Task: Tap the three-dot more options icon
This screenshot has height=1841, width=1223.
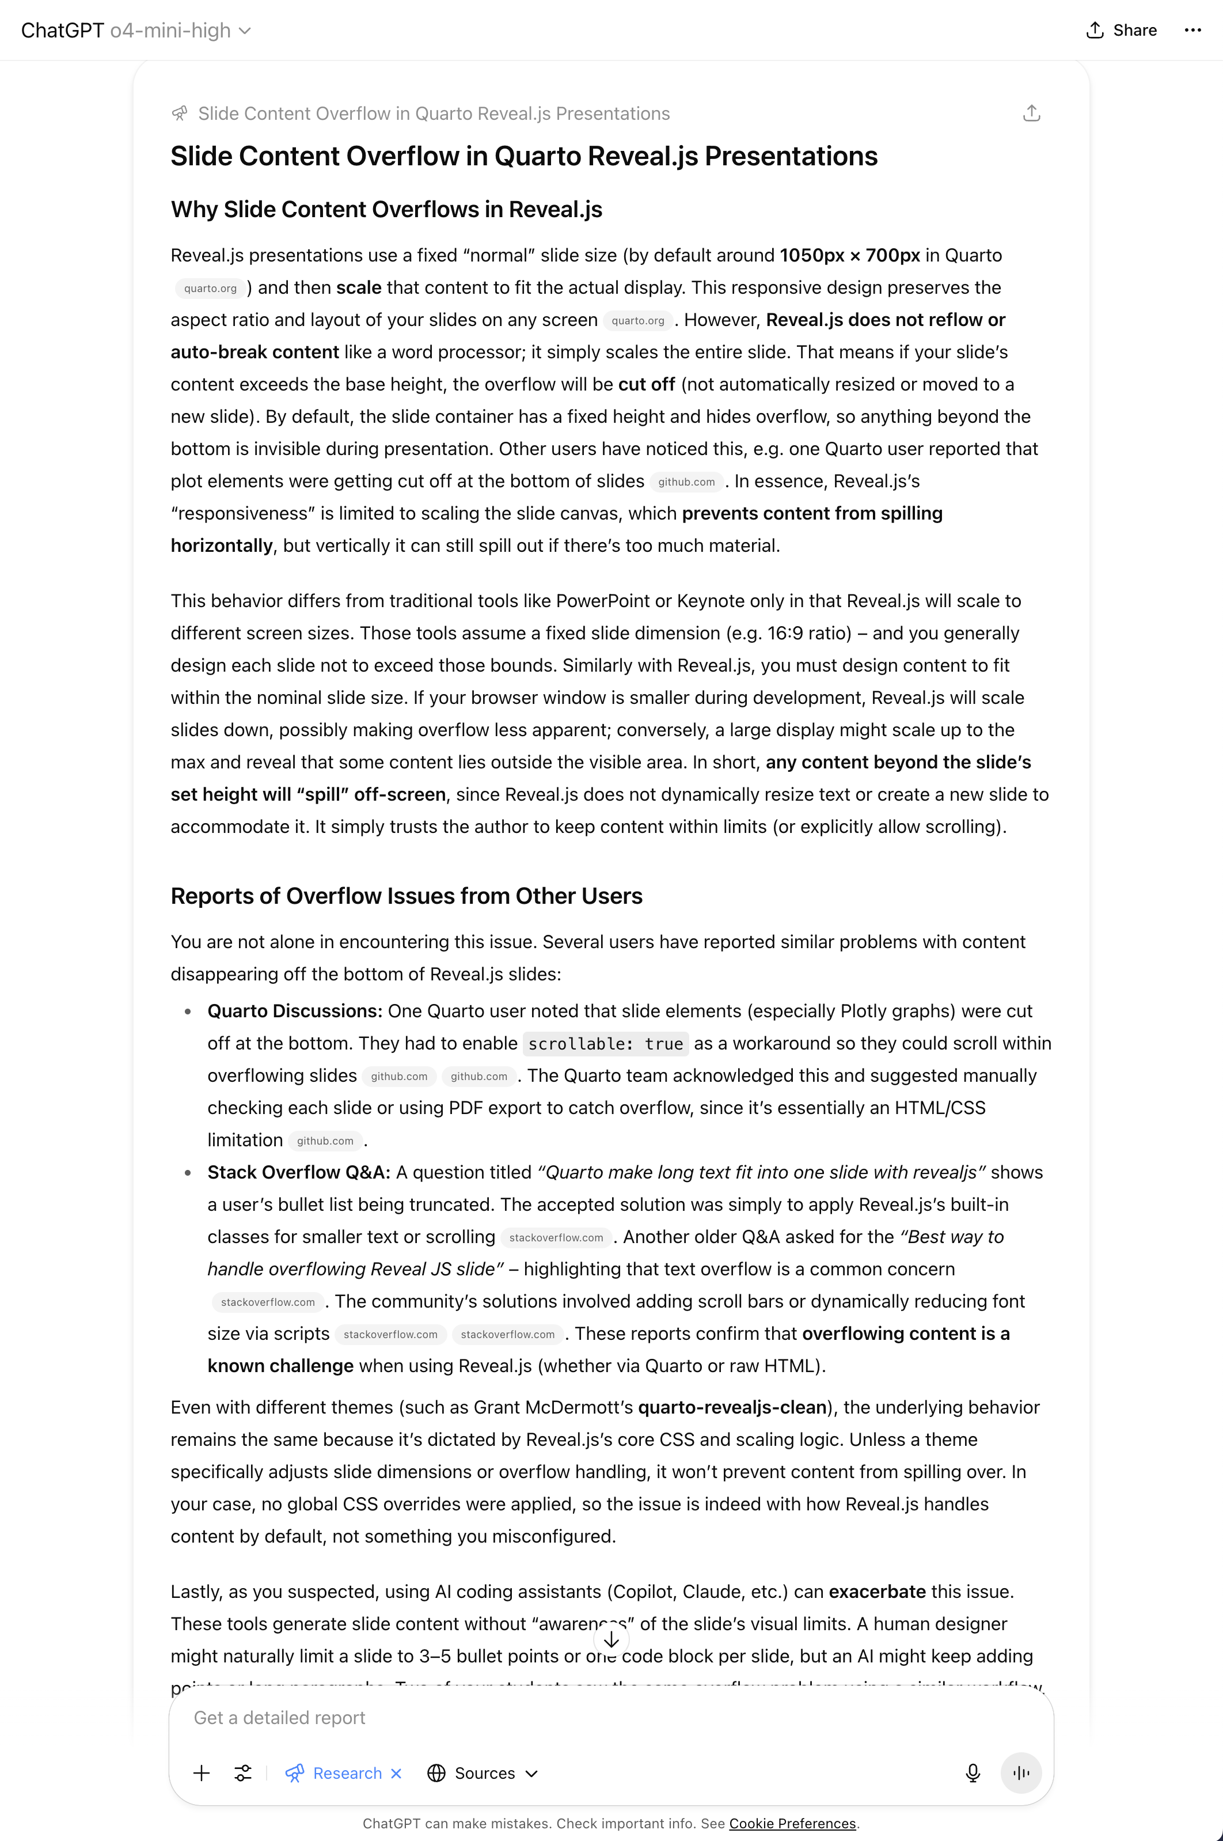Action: (x=1192, y=31)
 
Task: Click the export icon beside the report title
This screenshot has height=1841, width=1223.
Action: (x=1031, y=114)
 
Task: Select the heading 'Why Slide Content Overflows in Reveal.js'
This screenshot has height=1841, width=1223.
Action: (x=386, y=209)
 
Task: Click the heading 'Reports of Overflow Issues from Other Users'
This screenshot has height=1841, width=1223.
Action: (x=407, y=896)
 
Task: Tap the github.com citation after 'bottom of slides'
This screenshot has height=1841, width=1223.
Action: (x=686, y=482)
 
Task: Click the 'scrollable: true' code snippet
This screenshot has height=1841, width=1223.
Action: (x=605, y=1044)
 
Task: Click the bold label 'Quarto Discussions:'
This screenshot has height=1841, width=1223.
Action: (x=295, y=1011)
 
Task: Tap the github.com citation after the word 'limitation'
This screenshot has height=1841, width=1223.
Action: (x=325, y=1141)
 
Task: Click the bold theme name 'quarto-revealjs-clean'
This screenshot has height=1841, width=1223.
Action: (x=732, y=1407)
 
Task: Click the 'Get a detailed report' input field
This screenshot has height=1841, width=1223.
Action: (x=546, y=1718)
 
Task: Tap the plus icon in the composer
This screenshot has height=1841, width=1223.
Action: (x=201, y=1773)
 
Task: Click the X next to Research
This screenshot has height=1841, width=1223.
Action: (x=396, y=1773)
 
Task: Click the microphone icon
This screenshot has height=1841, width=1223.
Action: (x=973, y=1773)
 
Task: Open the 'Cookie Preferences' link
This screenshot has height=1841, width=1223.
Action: (x=792, y=1824)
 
